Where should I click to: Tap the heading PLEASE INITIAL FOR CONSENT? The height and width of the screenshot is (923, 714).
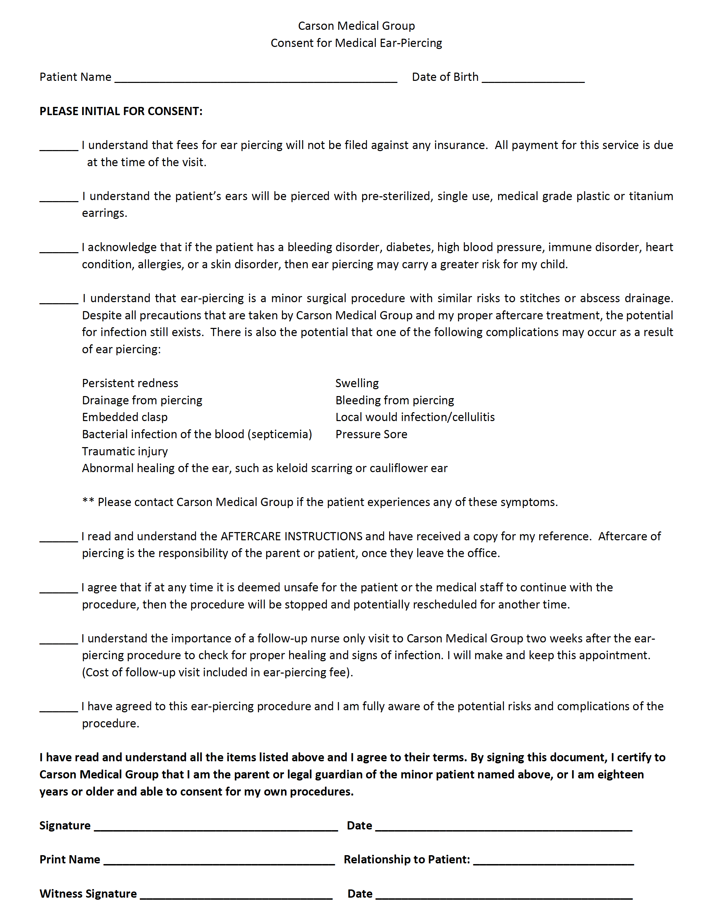[121, 111]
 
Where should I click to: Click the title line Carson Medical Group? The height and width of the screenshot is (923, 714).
[356, 26]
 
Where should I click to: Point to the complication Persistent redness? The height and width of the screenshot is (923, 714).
[130, 383]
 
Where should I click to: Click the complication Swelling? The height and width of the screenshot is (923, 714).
[357, 383]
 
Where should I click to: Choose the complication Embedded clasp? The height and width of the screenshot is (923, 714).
[125, 417]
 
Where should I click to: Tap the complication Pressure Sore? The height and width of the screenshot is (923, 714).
[371, 434]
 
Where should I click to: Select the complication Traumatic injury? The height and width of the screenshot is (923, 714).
[125, 451]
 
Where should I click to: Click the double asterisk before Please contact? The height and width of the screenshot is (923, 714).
[88, 501]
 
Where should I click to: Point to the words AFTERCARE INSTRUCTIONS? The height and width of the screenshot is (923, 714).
[291, 536]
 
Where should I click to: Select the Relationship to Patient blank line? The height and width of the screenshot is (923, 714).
[553, 863]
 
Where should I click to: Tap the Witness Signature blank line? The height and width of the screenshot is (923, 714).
[236, 897]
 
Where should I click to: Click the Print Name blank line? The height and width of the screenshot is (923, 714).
[219, 863]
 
